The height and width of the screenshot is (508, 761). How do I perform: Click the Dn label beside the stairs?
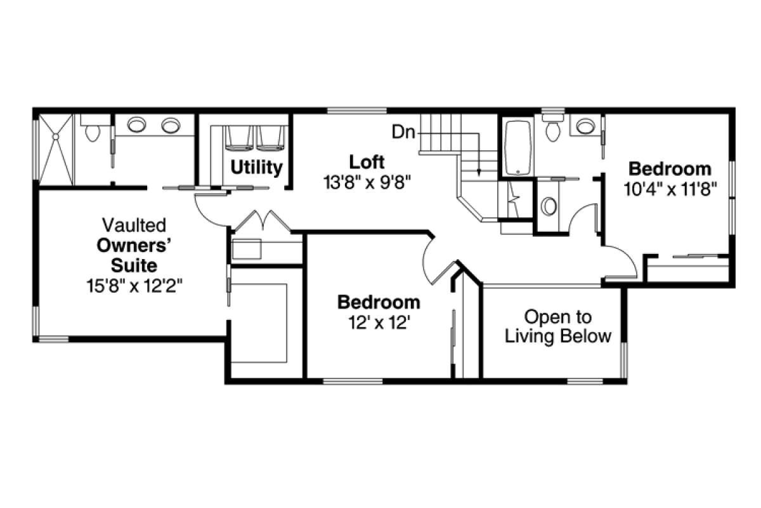(x=403, y=131)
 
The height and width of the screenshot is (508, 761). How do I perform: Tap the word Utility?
(x=256, y=168)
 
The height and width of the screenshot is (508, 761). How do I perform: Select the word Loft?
(x=367, y=162)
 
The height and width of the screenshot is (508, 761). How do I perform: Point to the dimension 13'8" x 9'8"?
(x=367, y=182)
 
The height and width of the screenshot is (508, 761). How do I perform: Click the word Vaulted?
(x=134, y=225)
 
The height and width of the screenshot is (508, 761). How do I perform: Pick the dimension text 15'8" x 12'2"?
(x=134, y=286)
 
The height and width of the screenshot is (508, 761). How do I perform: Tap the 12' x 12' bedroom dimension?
(x=377, y=322)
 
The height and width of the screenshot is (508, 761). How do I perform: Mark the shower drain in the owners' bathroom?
(x=55, y=137)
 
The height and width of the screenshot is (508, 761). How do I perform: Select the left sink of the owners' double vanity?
(x=136, y=124)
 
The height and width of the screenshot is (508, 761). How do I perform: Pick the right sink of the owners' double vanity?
(x=171, y=125)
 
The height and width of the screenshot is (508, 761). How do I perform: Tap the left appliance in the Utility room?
(x=239, y=138)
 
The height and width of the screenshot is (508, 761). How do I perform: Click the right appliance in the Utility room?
(x=271, y=138)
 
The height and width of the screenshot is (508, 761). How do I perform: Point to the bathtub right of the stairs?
(x=517, y=147)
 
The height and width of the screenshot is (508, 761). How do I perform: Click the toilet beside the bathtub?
(x=553, y=128)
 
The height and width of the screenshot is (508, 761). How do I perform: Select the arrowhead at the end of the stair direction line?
(x=479, y=172)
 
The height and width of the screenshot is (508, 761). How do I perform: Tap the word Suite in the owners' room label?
(x=134, y=265)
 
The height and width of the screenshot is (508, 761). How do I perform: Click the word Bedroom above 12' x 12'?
(x=379, y=302)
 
